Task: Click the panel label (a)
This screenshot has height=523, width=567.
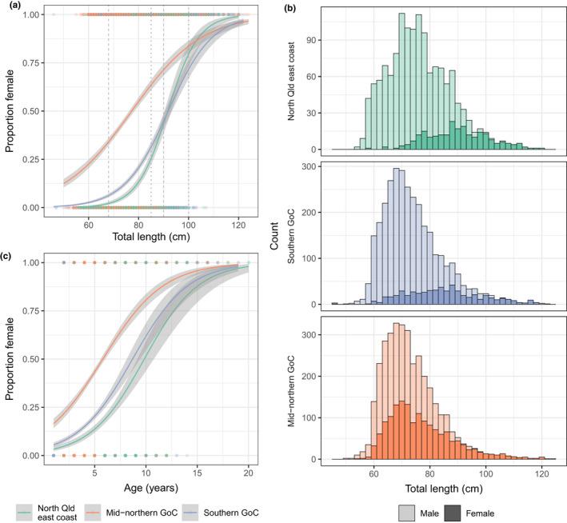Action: click(6, 6)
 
